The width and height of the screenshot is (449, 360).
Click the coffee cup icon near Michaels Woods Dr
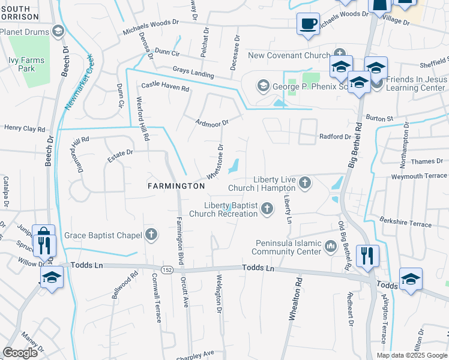[309, 24]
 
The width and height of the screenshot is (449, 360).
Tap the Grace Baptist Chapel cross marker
[151, 235]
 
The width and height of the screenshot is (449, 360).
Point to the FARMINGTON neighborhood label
[176, 186]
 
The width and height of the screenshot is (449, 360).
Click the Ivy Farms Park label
[26, 64]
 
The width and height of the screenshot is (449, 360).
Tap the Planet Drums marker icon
[58, 31]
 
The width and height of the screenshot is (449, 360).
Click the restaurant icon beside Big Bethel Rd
[367, 255]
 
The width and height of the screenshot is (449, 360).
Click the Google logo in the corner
[20, 353]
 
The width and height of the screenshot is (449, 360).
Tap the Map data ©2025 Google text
[411, 355]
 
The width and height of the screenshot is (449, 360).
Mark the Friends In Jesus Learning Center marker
[376, 83]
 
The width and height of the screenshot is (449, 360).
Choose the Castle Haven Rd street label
[165, 86]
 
